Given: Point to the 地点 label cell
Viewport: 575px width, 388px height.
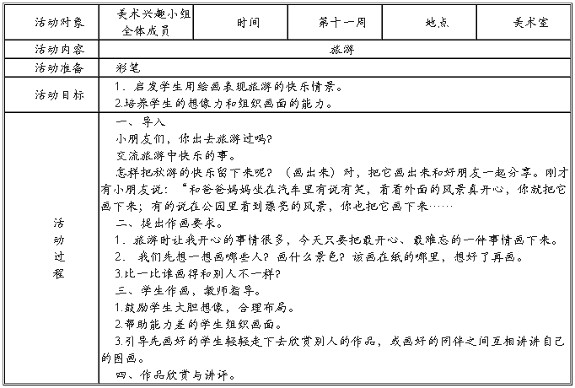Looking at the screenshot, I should pos(436,23).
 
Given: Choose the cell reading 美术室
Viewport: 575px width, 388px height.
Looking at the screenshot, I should pos(529,23).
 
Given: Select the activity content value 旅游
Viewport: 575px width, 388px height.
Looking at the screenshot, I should pos(341,49).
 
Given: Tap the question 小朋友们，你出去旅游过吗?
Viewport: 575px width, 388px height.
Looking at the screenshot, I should pos(194,138).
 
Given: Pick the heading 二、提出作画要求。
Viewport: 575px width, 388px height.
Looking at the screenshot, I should pos(169,223).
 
